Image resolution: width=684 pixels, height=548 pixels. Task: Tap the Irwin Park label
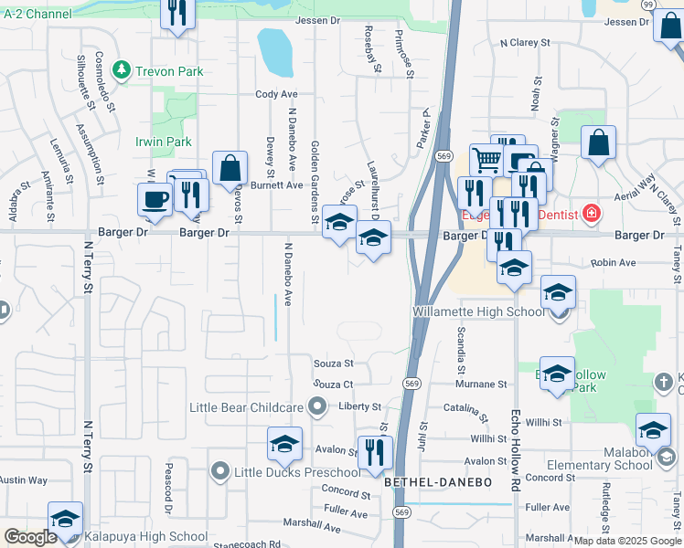(164, 142)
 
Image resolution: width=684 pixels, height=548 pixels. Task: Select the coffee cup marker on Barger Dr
(154, 200)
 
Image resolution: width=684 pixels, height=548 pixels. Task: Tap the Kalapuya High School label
(148, 536)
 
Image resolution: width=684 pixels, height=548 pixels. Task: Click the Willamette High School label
(465, 311)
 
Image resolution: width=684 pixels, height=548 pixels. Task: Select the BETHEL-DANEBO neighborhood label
(438, 481)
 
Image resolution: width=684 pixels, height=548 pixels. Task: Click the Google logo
(30, 537)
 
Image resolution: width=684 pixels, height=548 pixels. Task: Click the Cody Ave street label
(276, 94)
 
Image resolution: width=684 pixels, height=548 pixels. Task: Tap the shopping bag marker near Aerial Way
(598, 143)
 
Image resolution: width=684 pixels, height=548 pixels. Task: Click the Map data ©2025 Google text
(626, 540)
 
